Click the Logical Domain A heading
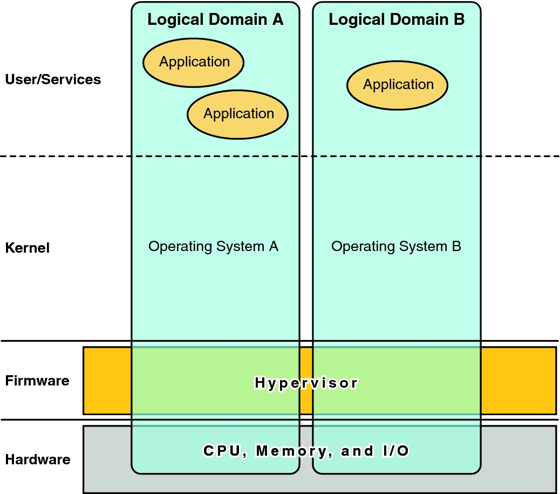click(215, 20)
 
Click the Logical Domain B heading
click(397, 20)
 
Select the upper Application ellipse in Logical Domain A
click(194, 62)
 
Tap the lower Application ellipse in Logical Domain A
click(238, 114)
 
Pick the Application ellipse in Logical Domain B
click(398, 85)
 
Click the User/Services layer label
click(53, 79)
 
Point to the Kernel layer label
click(28, 248)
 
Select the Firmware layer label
click(37, 381)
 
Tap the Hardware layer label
click(38, 460)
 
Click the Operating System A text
click(213, 247)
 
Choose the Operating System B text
click(396, 247)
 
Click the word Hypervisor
click(306, 383)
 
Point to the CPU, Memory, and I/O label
click(306, 451)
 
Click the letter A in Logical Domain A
click(277, 20)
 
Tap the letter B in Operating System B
click(456, 247)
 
